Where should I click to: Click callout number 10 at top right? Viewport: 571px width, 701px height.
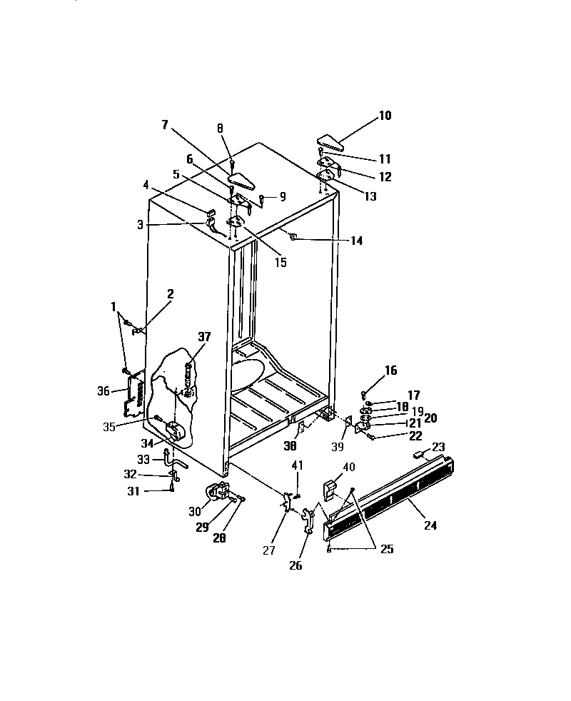[x=385, y=115]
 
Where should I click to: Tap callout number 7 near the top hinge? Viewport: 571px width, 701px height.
[x=165, y=125]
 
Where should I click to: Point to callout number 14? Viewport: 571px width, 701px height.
[x=355, y=241]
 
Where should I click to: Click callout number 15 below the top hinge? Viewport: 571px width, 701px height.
[x=281, y=263]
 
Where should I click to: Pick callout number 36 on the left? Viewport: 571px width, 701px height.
[x=104, y=390]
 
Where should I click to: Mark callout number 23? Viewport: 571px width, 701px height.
[x=438, y=448]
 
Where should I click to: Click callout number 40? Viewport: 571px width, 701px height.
[x=349, y=466]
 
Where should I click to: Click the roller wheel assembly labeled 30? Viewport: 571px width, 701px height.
[x=217, y=492]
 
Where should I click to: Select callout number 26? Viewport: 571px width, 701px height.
[x=295, y=565]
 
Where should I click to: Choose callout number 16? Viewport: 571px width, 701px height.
[x=390, y=370]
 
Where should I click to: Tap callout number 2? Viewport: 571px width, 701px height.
[x=170, y=293]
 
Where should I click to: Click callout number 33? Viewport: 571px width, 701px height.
[x=144, y=459]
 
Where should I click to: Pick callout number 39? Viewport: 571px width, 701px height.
[x=338, y=447]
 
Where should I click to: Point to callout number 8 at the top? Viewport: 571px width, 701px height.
[x=220, y=128]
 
